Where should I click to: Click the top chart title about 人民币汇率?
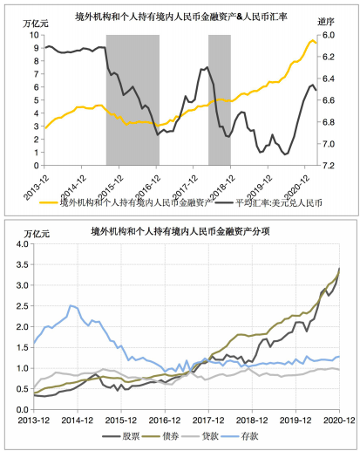click(x=181, y=17)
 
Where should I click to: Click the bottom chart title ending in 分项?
click(x=180, y=231)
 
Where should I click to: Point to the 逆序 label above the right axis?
click(x=326, y=22)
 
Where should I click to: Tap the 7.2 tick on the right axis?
click(x=329, y=166)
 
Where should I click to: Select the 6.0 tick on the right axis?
click(x=329, y=35)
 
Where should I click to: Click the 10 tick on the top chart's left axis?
click(x=34, y=35)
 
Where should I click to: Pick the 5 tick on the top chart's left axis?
click(x=37, y=100)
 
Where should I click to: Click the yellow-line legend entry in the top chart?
click(x=126, y=202)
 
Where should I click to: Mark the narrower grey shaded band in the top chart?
click(x=220, y=100)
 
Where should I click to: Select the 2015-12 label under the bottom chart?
click(x=121, y=420)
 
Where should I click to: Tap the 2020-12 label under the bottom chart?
click(x=339, y=420)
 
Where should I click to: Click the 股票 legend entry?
click(x=121, y=436)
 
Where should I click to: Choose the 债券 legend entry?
click(x=160, y=436)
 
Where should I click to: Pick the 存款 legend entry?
click(x=240, y=436)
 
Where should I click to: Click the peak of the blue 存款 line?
click(x=71, y=305)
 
